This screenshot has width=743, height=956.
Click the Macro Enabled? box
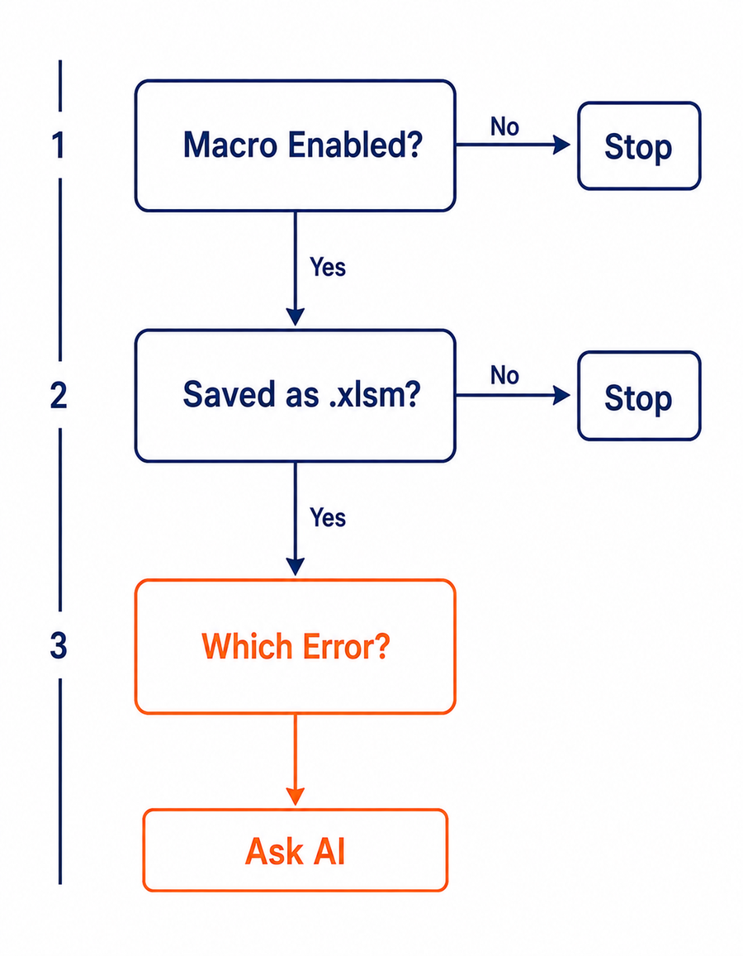[x=296, y=145]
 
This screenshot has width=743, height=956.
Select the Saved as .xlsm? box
[x=296, y=396]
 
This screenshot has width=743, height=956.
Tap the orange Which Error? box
[x=296, y=646]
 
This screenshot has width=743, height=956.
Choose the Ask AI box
[x=296, y=850]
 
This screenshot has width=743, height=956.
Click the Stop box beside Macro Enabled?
[x=639, y=145]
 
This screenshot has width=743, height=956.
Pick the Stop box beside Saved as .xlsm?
[x=639, y=396]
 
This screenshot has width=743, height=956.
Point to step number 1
[x=59, y=145]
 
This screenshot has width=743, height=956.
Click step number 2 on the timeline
[x=59, y=395]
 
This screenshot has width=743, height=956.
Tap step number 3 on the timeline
[x=59, y=645]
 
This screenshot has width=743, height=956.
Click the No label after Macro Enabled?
[x=505, y=126]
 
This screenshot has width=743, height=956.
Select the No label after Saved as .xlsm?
[x=505, y=375]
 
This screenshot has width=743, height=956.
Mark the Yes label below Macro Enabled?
[x=328, y=266]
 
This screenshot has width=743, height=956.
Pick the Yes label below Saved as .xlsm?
[x=328, y=517]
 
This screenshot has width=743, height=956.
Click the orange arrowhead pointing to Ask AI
[x=296, y=797]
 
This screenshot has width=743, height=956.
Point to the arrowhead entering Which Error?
[x=296, y=567]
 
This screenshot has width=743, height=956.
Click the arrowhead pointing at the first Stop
[x=561, y=145]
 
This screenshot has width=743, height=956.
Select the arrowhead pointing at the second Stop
[x=561, y=395]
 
